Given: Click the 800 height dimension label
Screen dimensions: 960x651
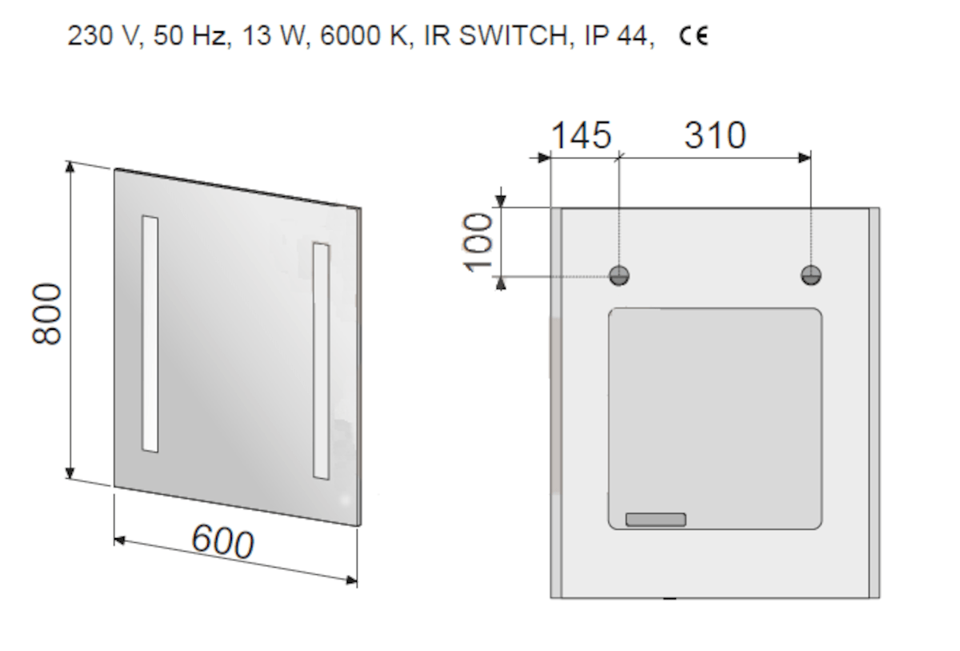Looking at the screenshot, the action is (x=47, y=314).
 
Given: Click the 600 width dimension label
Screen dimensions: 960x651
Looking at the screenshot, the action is (x=223, y=541).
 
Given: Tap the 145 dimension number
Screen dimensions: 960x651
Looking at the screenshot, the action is (x=581, y=135).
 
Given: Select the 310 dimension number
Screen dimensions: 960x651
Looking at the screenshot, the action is (x=715, y=135).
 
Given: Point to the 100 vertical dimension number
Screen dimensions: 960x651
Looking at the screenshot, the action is (x=478, y=243).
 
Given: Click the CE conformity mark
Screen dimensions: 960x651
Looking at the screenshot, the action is (x=694, y=36).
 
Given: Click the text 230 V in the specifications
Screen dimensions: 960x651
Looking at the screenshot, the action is (x=103, y=35).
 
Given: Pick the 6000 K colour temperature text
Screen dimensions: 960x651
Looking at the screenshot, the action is (x=364, y=35).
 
